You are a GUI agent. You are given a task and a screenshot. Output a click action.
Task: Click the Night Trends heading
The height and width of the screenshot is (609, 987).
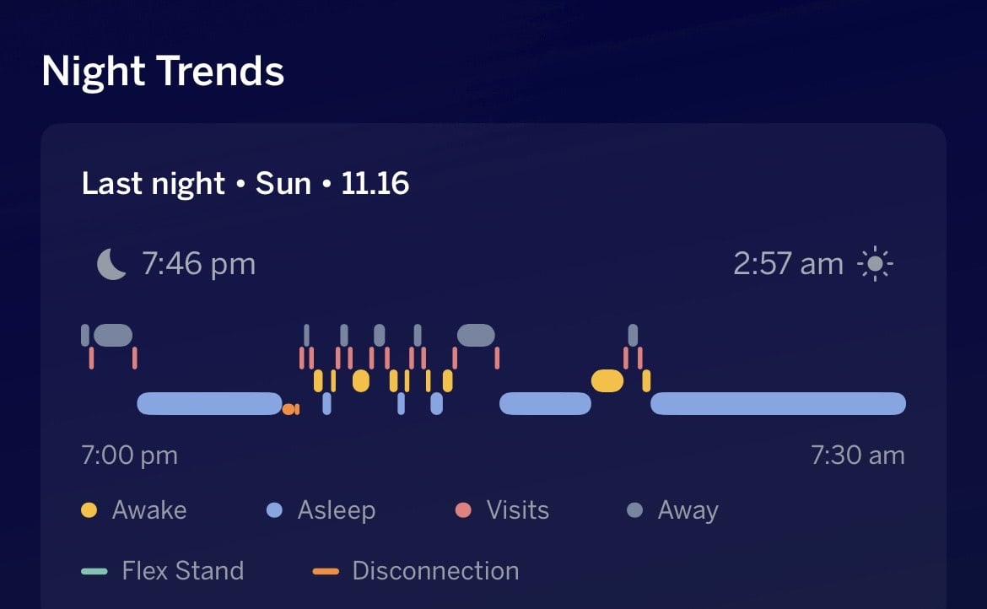tap(163, 71)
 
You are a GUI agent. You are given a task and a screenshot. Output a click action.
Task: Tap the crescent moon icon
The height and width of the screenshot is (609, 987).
tap(111, 264)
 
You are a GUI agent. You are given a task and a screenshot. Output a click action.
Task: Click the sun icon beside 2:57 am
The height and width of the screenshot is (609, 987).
tap(875, 264)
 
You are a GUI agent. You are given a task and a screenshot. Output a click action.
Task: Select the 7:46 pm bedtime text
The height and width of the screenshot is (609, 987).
tap(199, 264)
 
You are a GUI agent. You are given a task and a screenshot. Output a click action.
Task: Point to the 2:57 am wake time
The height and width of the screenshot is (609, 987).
tap(788, 264)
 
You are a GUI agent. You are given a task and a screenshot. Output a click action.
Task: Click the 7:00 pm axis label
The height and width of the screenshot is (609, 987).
tap(130, 455)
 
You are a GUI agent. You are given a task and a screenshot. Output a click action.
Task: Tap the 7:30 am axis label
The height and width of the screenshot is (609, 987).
tap(857, 455)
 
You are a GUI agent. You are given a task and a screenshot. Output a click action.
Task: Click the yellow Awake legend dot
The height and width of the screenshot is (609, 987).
tap(89, 510)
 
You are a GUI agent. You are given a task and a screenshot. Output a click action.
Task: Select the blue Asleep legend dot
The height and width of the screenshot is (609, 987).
tap(274, 510)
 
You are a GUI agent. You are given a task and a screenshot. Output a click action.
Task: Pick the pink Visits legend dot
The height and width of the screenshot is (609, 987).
tap(463, 510)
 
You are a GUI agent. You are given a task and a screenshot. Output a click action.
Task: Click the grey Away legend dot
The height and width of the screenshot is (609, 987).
tap(634, 510)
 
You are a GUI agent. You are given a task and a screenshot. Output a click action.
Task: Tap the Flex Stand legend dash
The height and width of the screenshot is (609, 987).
tap(94, 571)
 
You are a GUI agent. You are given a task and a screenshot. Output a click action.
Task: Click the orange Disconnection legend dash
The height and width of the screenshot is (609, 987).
tap(326, 571)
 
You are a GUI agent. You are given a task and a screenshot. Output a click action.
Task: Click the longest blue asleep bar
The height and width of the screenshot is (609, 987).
tap(778, 403)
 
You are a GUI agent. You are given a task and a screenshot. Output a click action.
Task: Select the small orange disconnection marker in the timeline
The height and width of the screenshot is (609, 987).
tap(290, 410)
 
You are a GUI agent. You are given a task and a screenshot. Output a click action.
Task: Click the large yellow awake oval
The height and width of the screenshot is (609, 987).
tap(607, 380)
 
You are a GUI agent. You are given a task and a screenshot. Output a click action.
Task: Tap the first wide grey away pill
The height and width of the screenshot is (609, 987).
tap(113, 336)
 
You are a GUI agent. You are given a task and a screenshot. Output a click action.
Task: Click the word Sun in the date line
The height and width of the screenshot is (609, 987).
tap(283, 184)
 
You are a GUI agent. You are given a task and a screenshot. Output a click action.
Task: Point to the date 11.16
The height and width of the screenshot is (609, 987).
tap(375, 184)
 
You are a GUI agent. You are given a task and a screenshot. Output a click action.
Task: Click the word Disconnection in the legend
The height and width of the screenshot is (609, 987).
tap(435, 571)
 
